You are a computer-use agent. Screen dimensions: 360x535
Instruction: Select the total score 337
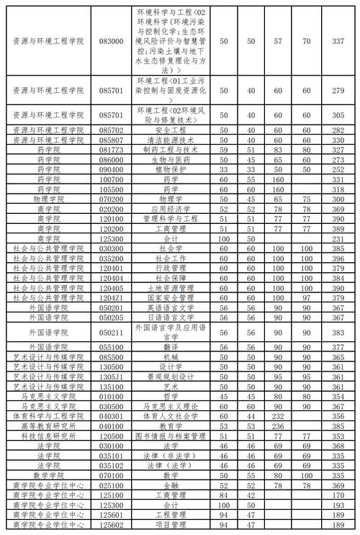pyautogui.click(x=336, y=42)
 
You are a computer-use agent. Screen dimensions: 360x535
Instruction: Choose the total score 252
pyautogui.click(x=336, y=168)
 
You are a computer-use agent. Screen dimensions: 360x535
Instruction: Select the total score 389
pyautogui.click(x=336, y=228)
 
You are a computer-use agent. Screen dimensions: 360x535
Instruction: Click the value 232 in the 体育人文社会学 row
pyautogui.click(x=276, y=415)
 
